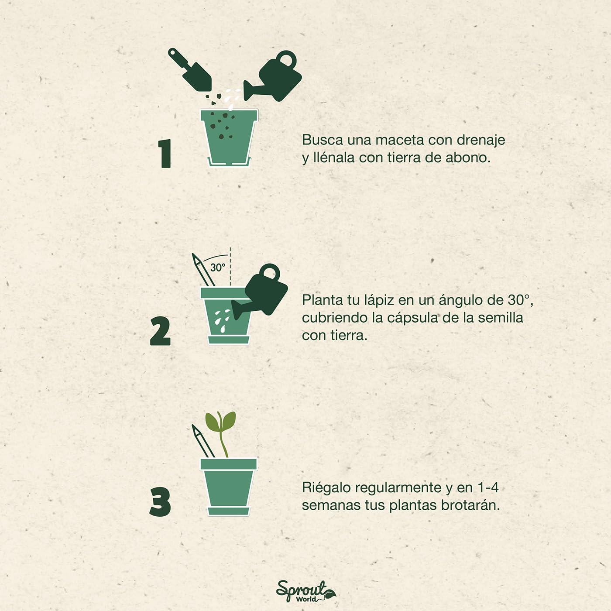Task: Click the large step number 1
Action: (x=165, y=154)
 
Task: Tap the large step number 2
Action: (x=160, y=332)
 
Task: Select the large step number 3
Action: (x=160, y=502)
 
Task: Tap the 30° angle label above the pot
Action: (x=218, y=267)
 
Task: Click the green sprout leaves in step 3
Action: (x=221, y=422)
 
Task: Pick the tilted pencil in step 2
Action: (x=201, y=271)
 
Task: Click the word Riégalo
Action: (x=326, y=487)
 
